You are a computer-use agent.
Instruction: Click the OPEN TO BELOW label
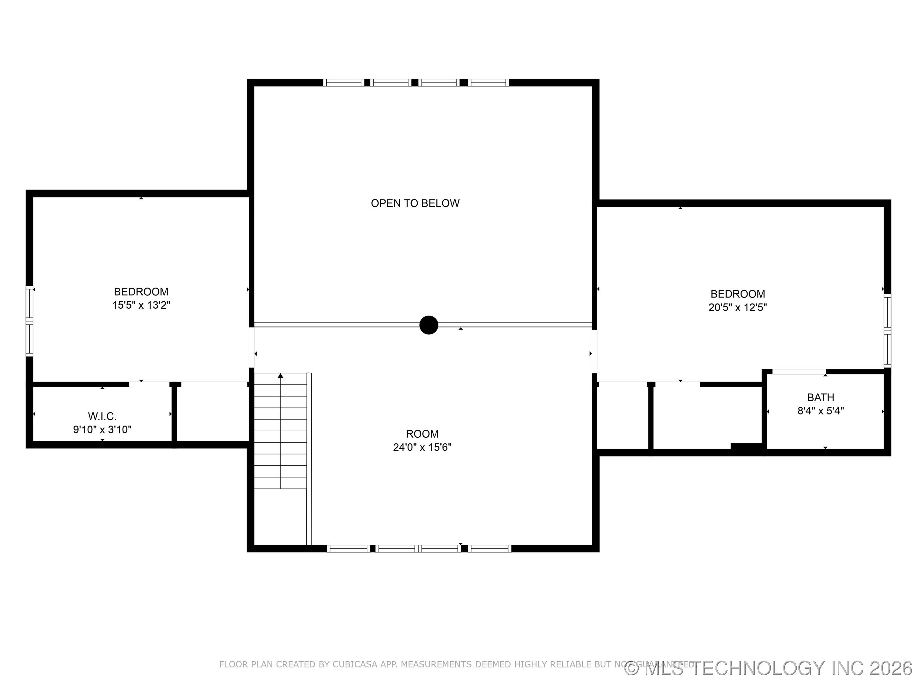tap(415, 203)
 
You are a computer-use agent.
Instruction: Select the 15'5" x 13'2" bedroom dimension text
tap(141, 305)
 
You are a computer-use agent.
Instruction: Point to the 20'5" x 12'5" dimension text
tap(737, 307)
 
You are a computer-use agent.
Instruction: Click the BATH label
tap(821, 397)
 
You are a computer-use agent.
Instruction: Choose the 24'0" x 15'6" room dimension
tap(422, 447)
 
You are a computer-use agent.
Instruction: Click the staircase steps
tap(280, 431)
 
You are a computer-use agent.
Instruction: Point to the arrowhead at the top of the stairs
tap(281, 376)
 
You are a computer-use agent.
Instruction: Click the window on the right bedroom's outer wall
tap(887, 331)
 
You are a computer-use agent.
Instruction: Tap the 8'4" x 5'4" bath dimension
tap(821, 411)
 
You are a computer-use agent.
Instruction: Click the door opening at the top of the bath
tap(799, 372)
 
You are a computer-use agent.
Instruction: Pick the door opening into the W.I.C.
tap(149, 384)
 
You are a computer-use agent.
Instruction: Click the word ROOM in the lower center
tap(422, 434)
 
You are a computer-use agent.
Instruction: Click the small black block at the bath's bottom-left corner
tap(747, 446)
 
